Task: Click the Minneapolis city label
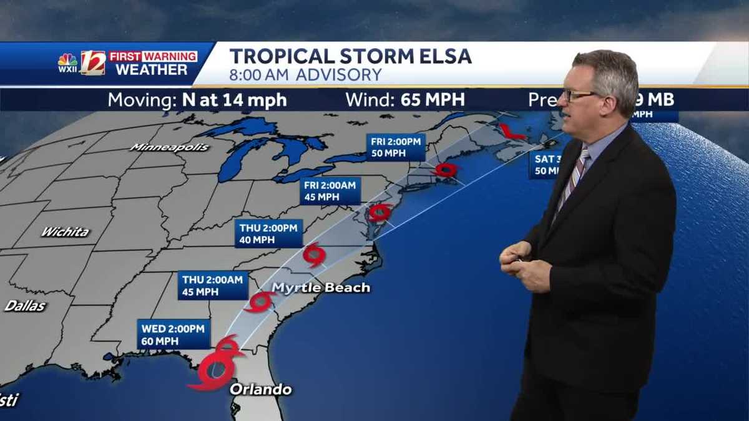170,147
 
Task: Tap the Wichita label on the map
65,232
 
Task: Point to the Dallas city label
26,306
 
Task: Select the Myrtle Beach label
321,288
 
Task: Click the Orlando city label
261,390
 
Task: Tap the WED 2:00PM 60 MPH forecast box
174,334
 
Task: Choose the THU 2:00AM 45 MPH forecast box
213,286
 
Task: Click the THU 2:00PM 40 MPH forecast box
269,233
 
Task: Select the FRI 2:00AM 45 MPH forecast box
330,190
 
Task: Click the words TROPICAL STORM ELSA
350,57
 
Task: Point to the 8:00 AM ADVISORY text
305,75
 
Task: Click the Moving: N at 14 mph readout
197,100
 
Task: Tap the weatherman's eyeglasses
579,95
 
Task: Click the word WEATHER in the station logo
152,69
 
